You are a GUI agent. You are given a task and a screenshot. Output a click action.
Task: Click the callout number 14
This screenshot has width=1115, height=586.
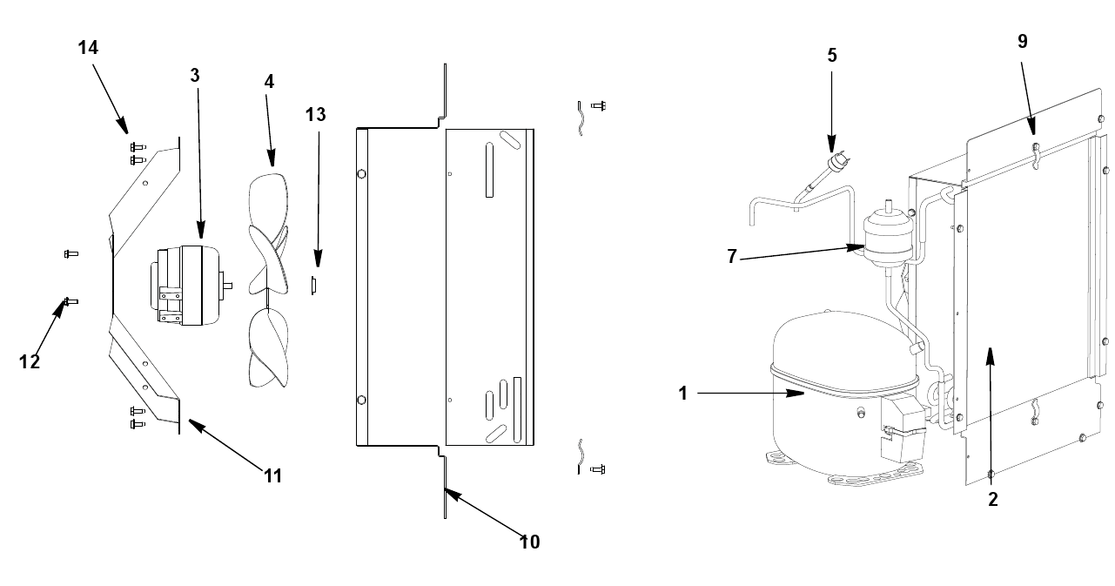click(x=88, y=48)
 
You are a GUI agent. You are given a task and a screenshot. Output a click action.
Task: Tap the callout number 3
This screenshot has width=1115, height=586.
click(x=195, y=76)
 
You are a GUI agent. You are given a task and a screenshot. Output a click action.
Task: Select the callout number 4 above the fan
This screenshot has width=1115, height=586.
click(x=269, y=82)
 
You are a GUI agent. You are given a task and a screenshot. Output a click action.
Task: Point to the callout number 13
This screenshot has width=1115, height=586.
click(x=316, y=115)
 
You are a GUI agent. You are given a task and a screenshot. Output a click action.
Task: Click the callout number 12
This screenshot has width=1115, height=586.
click(x=30, y=362)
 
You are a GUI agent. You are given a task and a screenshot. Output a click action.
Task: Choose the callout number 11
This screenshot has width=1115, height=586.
click(x=272, y=476)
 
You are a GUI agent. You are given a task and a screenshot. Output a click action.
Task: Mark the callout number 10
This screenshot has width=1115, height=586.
click(x=529, y=542)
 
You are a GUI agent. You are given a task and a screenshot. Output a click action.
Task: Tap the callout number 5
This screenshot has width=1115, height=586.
click(x=832, y=56)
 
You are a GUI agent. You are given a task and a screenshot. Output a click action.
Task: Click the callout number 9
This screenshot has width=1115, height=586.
click(x=1023, y=41)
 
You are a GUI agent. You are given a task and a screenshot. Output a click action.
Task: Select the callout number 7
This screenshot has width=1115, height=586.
click(x=732, y=257)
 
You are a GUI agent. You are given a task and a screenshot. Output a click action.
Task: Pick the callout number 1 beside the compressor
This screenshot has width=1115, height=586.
click(x=683, y=394)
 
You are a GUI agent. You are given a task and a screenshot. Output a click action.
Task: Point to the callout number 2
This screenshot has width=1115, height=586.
click(x=992, y=500)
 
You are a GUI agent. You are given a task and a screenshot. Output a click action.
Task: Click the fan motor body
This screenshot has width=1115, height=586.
click(x=186, y=286)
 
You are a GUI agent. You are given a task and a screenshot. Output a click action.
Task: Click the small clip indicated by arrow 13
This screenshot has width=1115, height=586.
click(x=313, y=286)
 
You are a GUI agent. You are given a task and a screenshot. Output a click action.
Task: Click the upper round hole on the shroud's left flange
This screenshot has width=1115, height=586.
click(x=362, y=174)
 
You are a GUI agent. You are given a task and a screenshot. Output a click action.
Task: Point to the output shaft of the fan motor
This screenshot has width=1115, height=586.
click(x=228, y=286)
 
